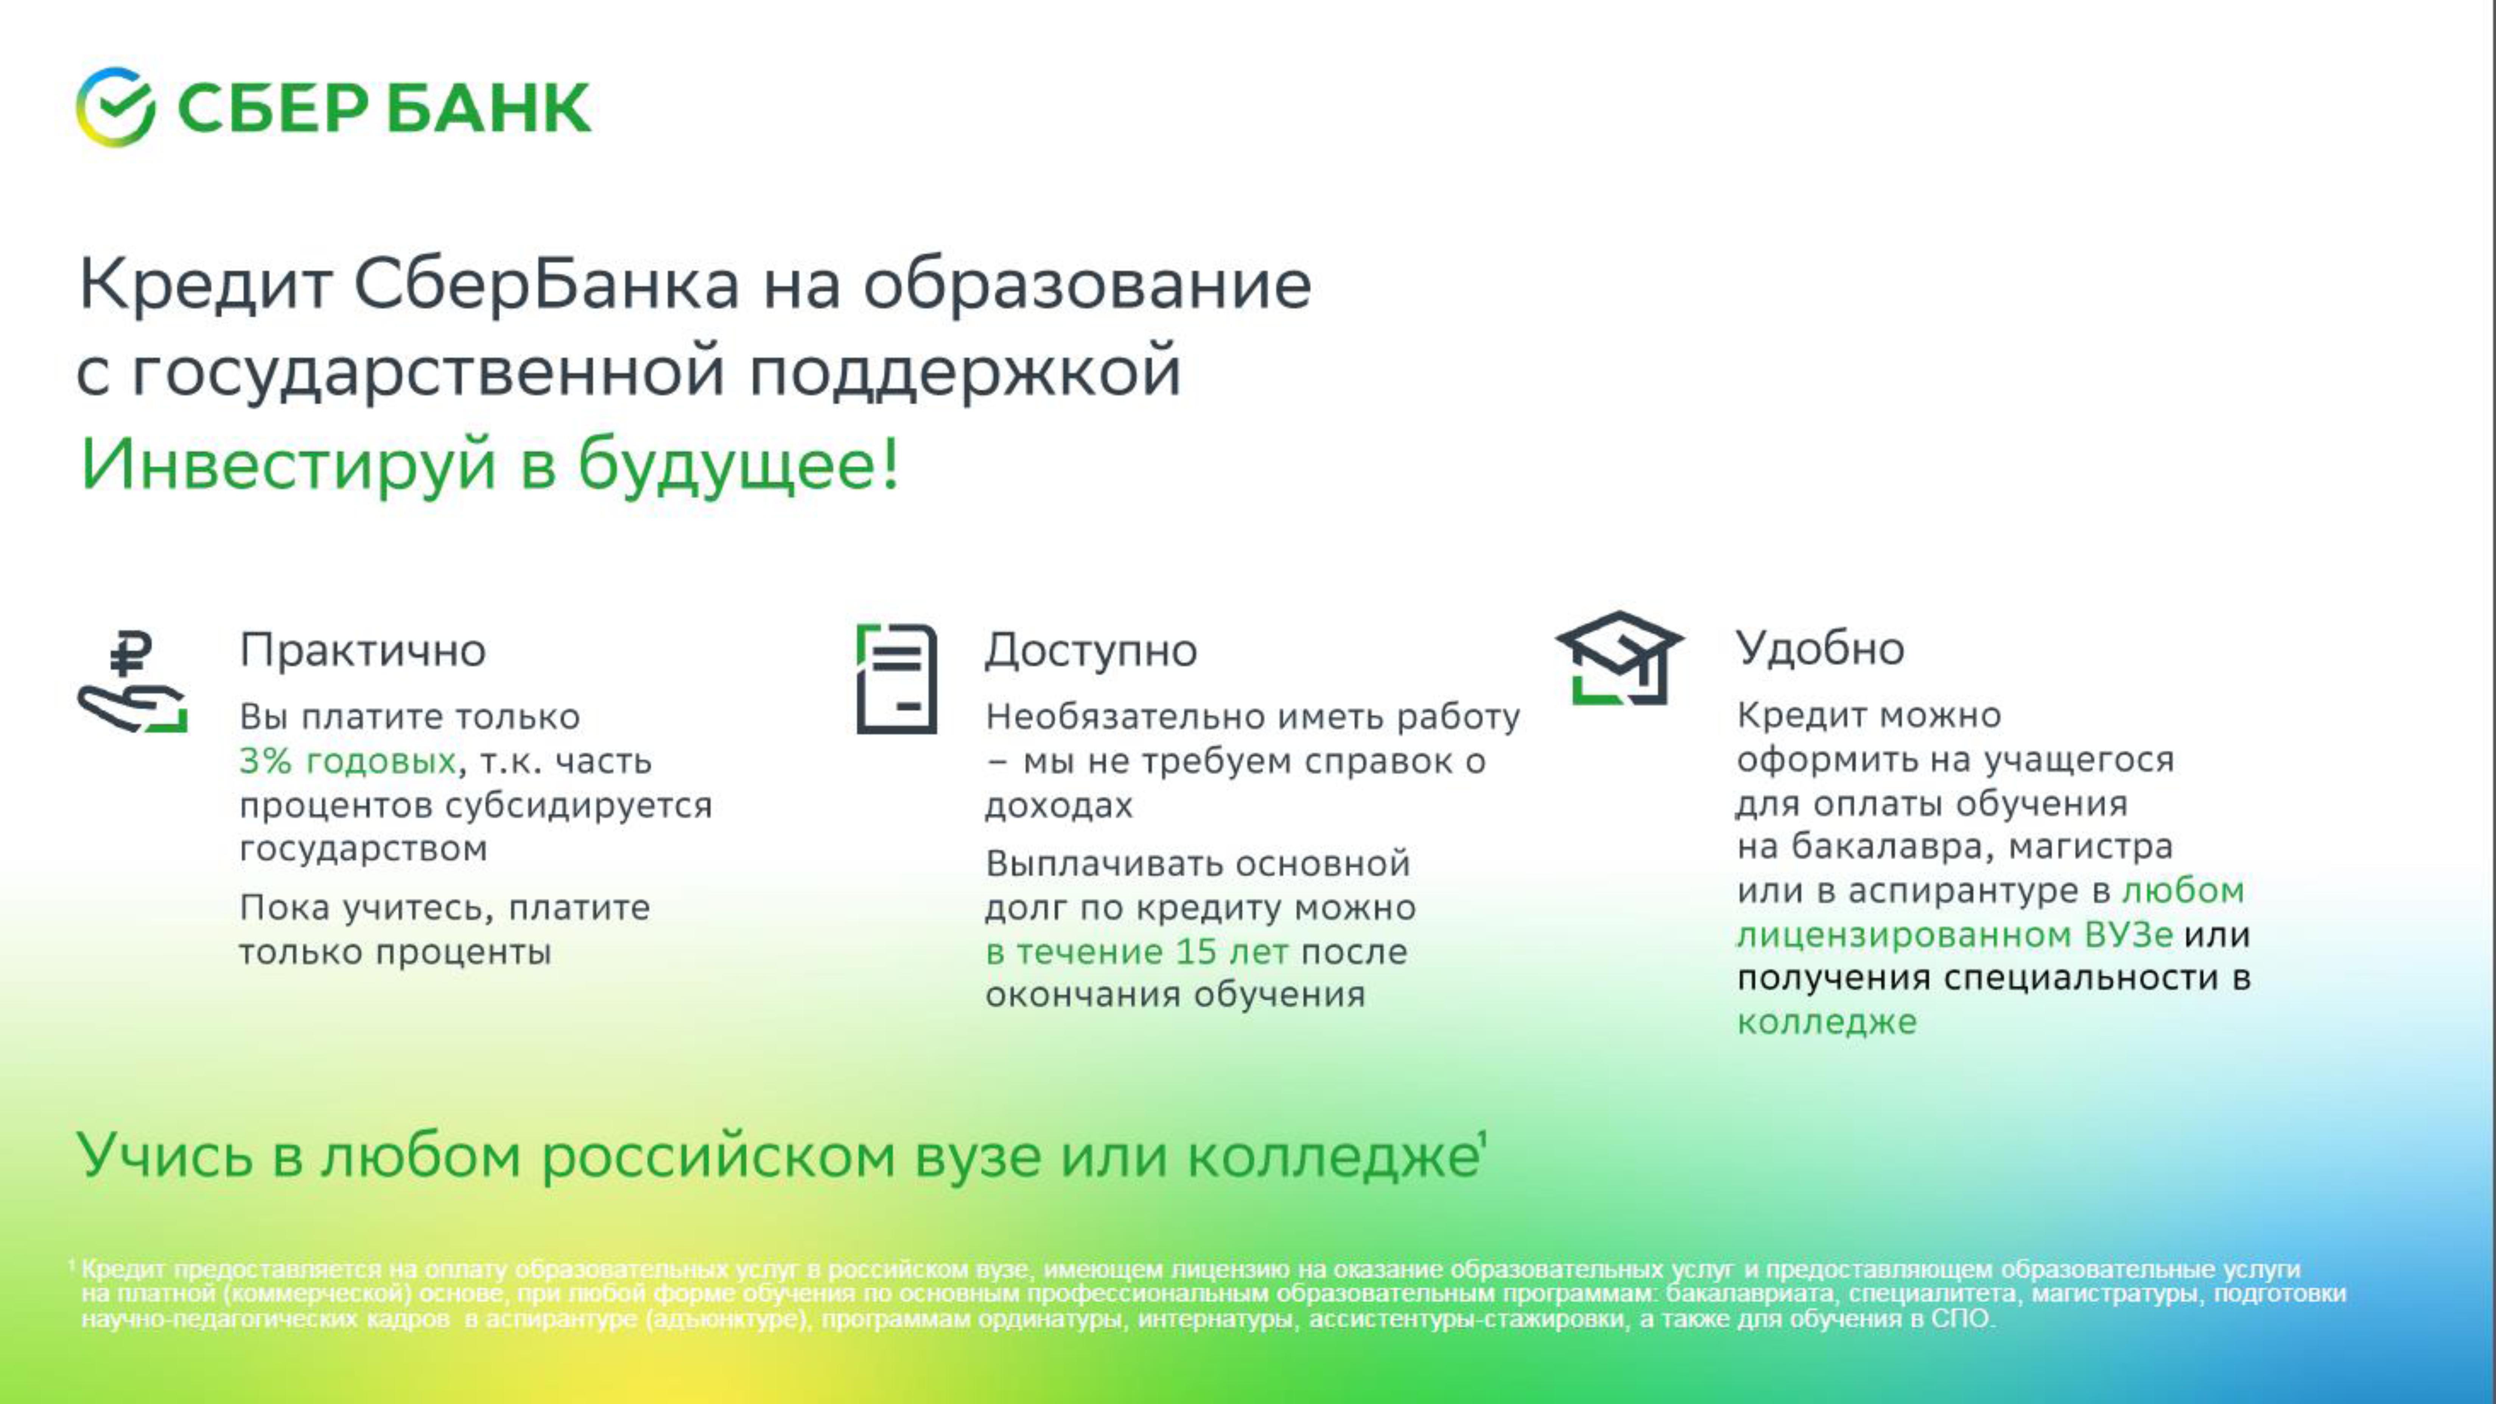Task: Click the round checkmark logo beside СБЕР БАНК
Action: (115, 107)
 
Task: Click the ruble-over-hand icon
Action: (133, 681)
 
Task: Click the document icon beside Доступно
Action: (896, 678)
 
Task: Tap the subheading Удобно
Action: (1820, 647)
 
